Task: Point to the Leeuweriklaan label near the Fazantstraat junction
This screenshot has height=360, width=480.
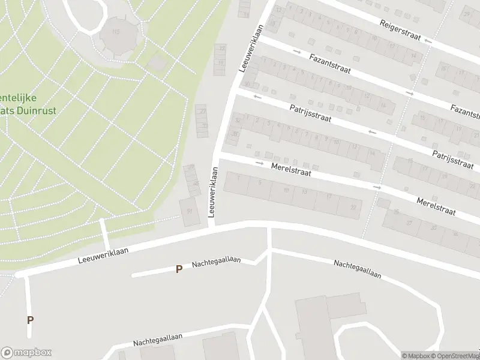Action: pyautogui.click(x=251, y=48)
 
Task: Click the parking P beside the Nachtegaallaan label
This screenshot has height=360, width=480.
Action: pyautogui.click(x=178, y=269)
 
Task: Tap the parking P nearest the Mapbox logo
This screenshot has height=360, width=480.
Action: pyautogui.click(x=30, y=320)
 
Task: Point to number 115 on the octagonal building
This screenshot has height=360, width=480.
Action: pyautogui.click(x=116, y=31)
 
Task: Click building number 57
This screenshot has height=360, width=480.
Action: pyautogui.click(x=190, y=211)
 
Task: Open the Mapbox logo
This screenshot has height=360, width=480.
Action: pyautogui.click(x=26, y=353)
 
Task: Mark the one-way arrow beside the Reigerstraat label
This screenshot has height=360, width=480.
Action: pyautogui.click(x=427, y=41)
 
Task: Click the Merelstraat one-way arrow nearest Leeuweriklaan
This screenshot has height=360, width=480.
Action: pyautogui.click(x=259, y=163)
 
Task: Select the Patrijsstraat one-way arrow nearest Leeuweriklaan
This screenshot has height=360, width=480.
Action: pyautogui.click(x=259, y=97)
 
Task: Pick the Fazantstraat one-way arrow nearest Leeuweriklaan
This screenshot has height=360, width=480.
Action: pyautogui.click(x=297, y=51)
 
